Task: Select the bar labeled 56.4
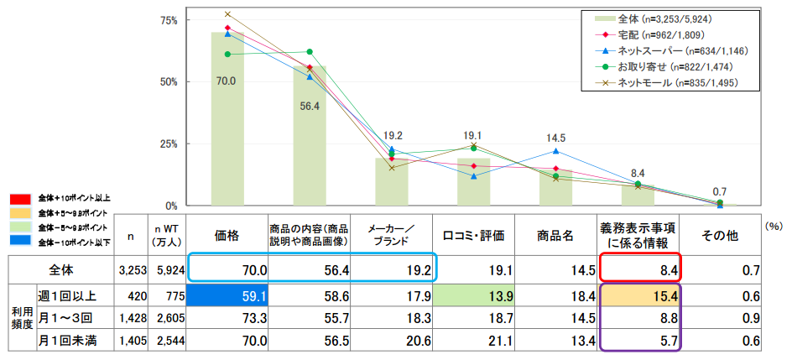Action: (x=310, y=143)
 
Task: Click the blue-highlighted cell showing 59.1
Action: (x=227, y=295)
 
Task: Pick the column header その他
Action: (x=720, y=237)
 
